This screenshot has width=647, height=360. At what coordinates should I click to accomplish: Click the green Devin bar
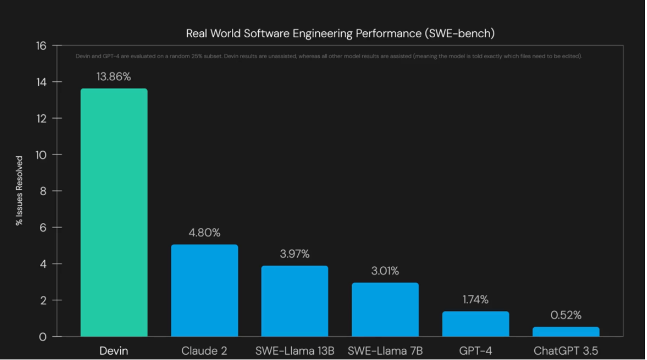[114, 213]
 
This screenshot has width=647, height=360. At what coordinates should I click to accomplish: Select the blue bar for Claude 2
[204, 291]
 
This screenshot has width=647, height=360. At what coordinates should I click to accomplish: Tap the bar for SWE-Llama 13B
[294, 301]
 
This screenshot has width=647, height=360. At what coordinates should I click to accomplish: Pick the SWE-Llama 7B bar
[385, 310]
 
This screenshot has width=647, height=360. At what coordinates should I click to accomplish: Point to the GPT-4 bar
[476, 324]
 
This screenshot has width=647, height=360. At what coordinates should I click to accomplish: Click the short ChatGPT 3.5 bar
[566, 331]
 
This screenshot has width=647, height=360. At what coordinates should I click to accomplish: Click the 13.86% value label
[114, 77]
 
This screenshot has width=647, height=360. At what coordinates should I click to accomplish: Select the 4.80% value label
[204, 233]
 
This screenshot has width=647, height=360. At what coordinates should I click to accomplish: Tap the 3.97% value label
[294, 254]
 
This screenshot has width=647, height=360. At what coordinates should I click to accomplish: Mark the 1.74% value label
[476, 300]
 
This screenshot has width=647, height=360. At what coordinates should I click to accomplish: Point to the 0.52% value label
[566, 316]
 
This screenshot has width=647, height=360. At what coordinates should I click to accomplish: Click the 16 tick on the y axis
[41, 46]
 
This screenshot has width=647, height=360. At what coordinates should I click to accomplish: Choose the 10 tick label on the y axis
[41, 155]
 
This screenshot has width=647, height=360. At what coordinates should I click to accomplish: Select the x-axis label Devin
[114, 351]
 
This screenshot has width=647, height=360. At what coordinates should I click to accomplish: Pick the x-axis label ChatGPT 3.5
[566, 351]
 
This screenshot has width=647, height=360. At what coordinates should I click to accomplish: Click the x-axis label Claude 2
[204, 351]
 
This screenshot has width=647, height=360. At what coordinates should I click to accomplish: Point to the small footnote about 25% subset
[328, 57]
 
